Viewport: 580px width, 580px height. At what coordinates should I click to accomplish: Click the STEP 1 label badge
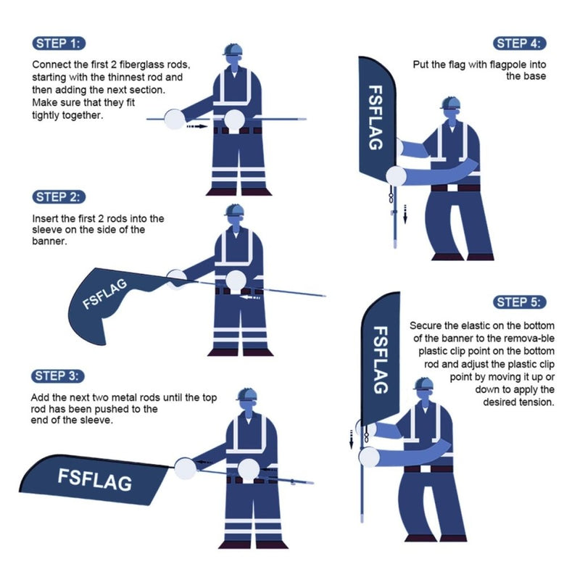coord(60,42)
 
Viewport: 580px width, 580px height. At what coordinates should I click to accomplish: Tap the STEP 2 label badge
coord(60,196)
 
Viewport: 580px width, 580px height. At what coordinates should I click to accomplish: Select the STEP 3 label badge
coord(60,376)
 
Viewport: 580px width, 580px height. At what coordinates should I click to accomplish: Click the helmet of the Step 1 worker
coord(234,49)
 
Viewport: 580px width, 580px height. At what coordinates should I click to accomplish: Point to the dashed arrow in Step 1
coord(196,125)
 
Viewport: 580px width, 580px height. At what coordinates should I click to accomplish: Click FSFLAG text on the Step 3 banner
coord(94,478)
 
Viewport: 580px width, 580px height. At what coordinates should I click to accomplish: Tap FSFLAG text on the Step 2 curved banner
coord(106,293)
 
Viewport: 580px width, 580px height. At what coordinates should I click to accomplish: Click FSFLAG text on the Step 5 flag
coord(380,360)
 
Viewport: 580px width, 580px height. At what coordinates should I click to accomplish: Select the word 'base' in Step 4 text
coord(535,75)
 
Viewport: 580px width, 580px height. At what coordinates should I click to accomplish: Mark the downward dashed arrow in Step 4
coord(405,214)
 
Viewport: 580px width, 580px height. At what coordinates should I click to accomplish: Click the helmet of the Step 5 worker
coord(423,384)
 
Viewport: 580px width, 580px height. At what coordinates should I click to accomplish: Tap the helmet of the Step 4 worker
coord(450,101)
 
